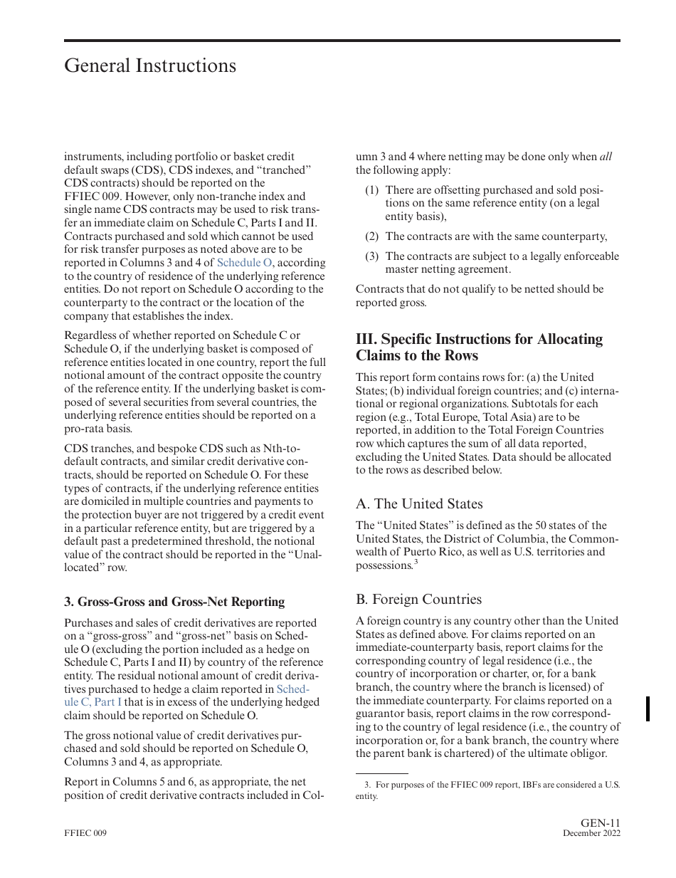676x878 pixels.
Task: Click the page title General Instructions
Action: point(150,66)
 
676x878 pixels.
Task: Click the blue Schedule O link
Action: point(244,263)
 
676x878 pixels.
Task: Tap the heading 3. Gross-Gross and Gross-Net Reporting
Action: point(174,602)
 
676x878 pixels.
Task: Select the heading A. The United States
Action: point(419,503)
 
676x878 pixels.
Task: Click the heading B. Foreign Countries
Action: point(418,599)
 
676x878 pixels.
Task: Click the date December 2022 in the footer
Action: point(591,834)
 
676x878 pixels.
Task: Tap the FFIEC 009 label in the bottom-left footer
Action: point(85,834)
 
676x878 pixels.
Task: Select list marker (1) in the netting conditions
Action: point(371,190)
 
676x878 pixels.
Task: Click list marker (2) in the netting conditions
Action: point(371,236)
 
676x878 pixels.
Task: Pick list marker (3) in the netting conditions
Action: point(371,256)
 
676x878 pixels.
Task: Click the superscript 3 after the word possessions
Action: point(416,563)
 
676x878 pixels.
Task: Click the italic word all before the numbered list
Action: point(606,157)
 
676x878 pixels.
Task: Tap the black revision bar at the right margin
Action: point(648,709)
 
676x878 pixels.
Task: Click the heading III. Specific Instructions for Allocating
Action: point(479,339)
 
